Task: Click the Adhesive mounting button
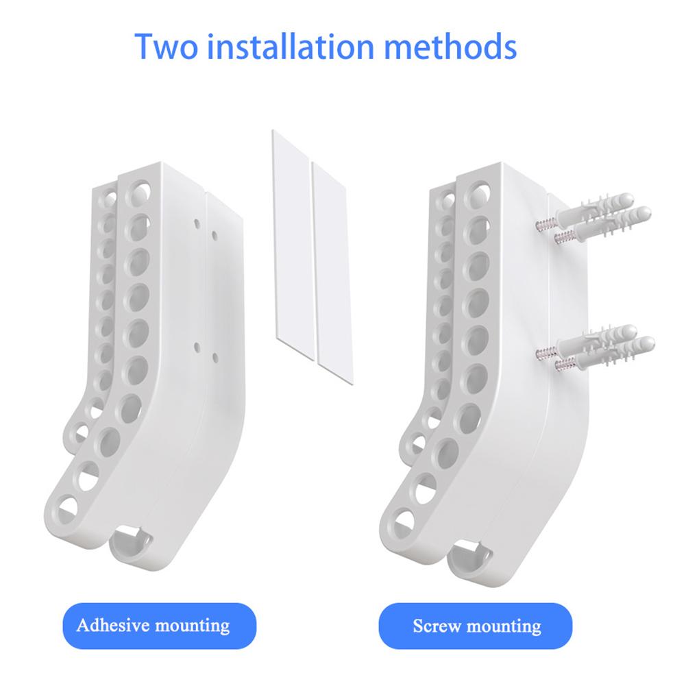(x=153, y=625)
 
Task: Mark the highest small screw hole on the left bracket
(x=197, y=223)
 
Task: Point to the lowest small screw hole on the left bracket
(x=215, y=357)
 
